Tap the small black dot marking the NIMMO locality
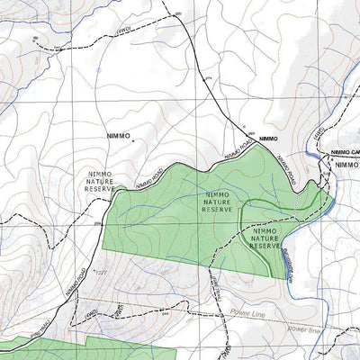(x=133, y=140)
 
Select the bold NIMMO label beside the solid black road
(x=267, y=139)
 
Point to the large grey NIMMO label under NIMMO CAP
(x=346, y=166)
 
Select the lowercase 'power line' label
(x=304, y=328)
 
